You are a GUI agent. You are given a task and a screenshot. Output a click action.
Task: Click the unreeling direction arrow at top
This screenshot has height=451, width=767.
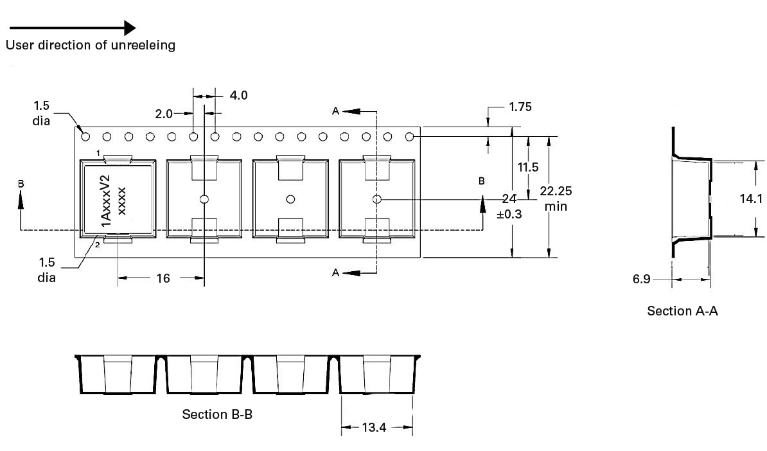click(x=73, y=28)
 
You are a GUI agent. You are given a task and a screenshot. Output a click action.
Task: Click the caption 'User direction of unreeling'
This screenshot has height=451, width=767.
click(x=91, y=45)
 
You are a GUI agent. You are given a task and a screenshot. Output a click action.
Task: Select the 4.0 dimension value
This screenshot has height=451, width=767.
click(x=239, y=95)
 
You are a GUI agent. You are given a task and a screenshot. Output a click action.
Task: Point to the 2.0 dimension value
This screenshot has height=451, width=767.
click(x=164, y=114)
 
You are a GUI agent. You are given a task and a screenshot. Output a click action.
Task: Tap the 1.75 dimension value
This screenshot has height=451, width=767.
click(x=520, y=107)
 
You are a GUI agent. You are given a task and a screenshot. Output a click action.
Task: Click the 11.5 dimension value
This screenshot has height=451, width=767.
click(x=528, y=167)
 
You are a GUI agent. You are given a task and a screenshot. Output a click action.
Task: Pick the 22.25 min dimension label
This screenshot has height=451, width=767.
click(x=556, y=199)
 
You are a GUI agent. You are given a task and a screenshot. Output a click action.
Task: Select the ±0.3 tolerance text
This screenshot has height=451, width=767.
click(x=509, y=214)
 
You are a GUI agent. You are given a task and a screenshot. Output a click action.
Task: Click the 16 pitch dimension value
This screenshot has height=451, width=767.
click(x=163, y=278)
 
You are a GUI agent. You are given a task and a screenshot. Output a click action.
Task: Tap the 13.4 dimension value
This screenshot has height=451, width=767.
click(x=375, y=427)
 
